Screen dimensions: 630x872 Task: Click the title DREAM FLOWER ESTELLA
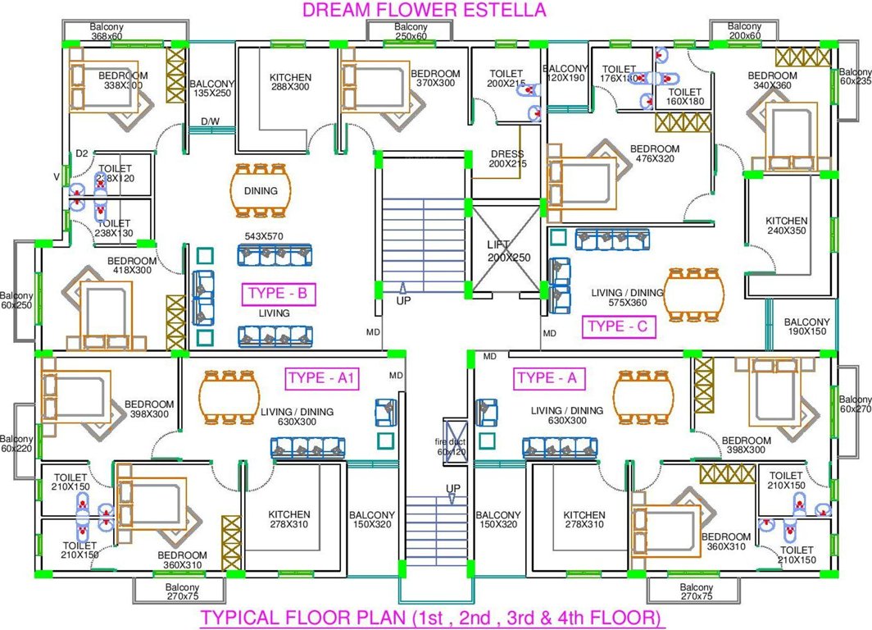(x=424, y=10)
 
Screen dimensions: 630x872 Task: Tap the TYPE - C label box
(x=619, y=327)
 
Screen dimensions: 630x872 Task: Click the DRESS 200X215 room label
(x=506, y=159)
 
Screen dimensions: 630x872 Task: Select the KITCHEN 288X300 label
(x=290, y=83)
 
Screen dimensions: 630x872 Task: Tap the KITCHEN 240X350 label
(x=786, y=226)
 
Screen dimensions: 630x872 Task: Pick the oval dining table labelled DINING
(x=260, y=190)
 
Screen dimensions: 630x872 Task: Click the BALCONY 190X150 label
(x=806, y=327)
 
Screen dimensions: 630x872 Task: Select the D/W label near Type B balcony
(x=210, y=122)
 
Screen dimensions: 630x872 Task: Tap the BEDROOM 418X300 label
(x=129, y=266)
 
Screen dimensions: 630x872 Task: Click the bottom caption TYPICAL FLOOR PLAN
(x=431, y=617)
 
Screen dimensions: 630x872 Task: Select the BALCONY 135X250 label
(x=211, y=89)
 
